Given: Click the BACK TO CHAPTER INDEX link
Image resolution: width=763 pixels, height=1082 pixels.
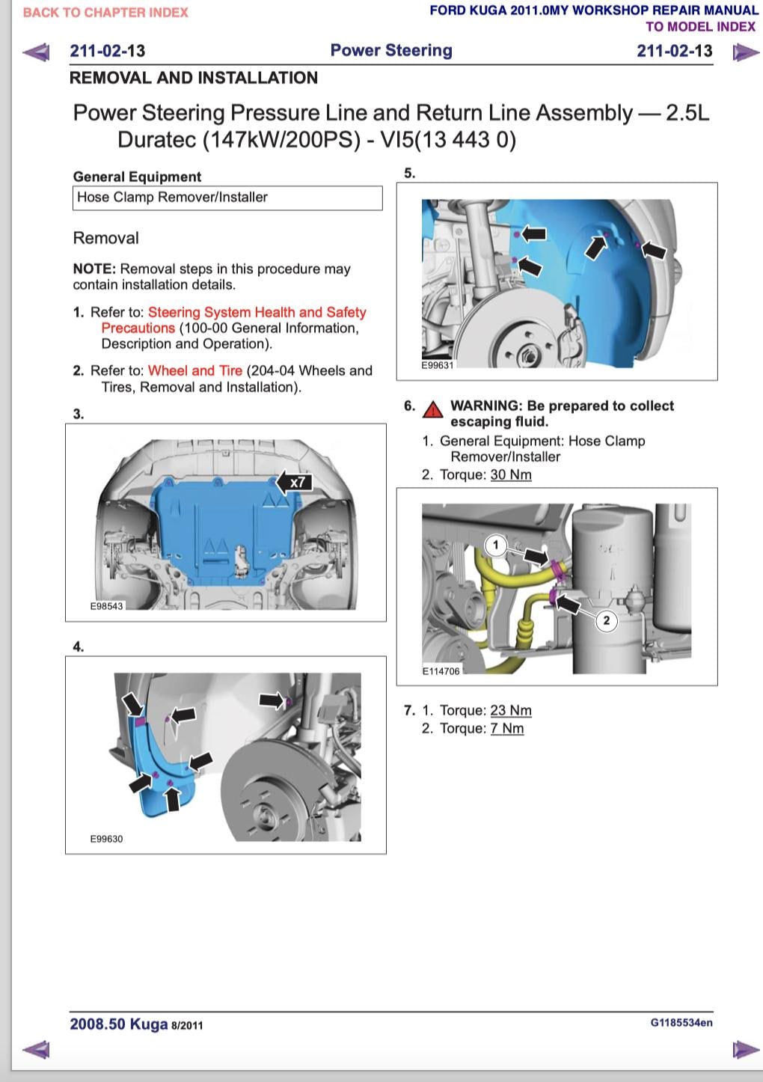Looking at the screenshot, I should [x=105, y=13].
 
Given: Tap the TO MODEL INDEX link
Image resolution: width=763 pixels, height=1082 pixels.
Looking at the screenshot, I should [x=700, y=27].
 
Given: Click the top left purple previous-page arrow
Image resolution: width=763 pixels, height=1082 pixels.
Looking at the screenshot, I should [x=36, y=52].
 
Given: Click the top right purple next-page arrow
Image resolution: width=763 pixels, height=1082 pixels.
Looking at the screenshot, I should [x=744, y=52].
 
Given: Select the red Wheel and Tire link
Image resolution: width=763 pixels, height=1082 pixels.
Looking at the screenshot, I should [x=195, y=370].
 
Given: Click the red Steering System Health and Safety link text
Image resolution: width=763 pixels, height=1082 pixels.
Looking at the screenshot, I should [x=257, y=312].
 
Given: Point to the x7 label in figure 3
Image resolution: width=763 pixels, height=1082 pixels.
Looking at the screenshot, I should [x=298, y=483].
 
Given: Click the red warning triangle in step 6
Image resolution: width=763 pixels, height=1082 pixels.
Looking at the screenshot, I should [x=432, y=409].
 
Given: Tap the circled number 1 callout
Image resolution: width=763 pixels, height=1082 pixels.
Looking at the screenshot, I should [x=495, y=545].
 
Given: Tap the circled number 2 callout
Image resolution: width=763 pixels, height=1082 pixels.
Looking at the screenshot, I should [x=606, y=620].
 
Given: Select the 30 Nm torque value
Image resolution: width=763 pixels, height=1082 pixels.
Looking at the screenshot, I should [x=511, y=474].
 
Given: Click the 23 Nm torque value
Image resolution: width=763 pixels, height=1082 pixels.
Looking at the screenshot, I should [x=511, y=710].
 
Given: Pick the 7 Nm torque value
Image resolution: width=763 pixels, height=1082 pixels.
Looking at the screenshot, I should [x=507, y=728].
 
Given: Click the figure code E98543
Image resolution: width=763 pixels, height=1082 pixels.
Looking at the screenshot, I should [x=106, y=606].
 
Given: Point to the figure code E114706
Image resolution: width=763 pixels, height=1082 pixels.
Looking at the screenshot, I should [x=441, y=671].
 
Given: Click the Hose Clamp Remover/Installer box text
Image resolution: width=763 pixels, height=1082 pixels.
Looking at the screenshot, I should [x=172, y=198].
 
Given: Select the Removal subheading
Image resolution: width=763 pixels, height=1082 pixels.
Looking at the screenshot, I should [x=105, y=238].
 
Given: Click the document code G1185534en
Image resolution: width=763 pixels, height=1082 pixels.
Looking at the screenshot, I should [x=681, y=1022].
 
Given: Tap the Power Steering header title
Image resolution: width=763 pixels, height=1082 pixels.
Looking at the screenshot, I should [x=391, y=50].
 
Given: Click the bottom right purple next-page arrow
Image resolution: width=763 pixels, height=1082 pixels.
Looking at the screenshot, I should [x=744, y=1049].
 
